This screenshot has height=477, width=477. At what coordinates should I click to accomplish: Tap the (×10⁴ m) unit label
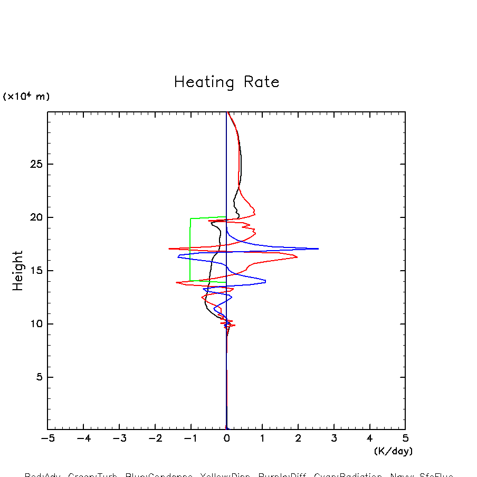26,97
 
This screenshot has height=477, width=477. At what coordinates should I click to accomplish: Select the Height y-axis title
18,271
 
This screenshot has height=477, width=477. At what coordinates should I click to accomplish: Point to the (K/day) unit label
393,451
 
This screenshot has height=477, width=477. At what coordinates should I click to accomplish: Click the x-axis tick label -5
47,438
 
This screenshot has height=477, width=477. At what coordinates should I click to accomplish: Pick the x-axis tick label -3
119,438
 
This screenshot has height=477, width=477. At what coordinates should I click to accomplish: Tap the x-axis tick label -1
190,438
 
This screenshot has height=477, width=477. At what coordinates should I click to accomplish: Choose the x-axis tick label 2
298,438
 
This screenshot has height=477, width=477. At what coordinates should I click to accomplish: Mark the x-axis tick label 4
369,438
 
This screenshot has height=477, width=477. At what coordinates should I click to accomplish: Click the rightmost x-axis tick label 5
405,438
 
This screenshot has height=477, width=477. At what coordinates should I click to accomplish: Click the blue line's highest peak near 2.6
318,249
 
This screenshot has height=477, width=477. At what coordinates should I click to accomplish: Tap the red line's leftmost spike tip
169,249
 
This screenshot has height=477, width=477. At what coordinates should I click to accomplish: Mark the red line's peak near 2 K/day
297,257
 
